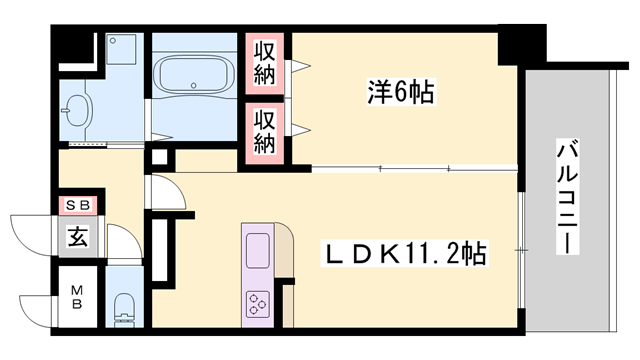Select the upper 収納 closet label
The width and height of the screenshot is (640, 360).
[x=264, y=62]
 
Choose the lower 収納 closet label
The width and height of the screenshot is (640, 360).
[x=264, y=131]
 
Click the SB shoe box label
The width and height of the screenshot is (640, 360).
[x=77, y=205]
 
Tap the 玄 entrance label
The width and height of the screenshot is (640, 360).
[x=77, y=237]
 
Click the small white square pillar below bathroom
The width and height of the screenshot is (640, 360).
[x=158, y=157]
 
